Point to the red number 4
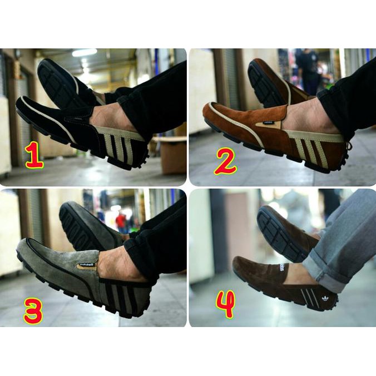tap(225, 304)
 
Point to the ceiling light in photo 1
tap(84, 53)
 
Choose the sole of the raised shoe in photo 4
tap(278, 231)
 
